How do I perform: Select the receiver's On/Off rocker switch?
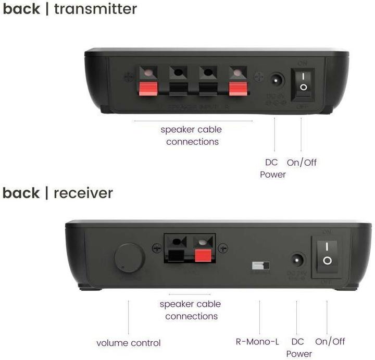pyautogui.click(x=327, y=255)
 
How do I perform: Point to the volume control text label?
pyautogui.click(x=129, y=343)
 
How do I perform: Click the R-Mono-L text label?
pyautogui.click(x=257, y=342)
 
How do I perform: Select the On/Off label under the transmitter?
pyautogui.click(x=302, y=162)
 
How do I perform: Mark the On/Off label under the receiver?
pyautogui.click(x=330, y=342)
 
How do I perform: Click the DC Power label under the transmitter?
pyautogui.click(x=272, y=168)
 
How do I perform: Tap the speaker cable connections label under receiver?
pyautogui.click(x=190, y=310)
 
